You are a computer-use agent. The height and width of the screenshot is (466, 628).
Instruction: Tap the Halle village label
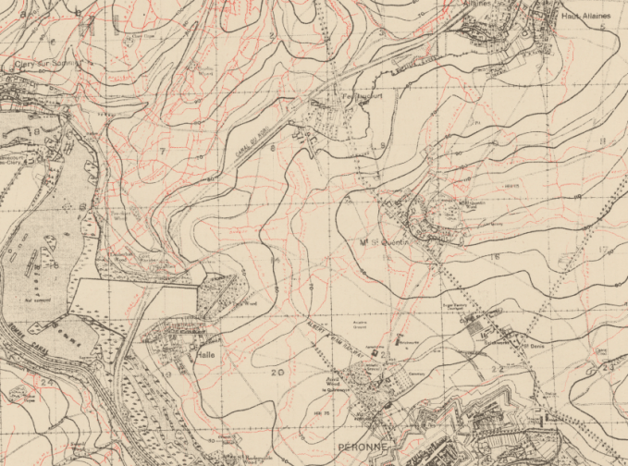tap(204, 354)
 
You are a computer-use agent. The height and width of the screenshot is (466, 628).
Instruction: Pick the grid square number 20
tap(278, 373)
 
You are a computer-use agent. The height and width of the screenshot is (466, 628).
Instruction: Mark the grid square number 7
tap(162, 150)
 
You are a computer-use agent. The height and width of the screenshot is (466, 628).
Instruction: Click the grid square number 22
tap(498, 369)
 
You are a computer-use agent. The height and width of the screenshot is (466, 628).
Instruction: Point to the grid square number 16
tap(495, 256)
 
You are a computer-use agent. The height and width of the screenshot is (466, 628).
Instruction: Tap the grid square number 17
tap(602, 250)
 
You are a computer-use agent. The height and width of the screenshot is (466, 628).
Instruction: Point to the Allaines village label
tap(476, 5)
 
